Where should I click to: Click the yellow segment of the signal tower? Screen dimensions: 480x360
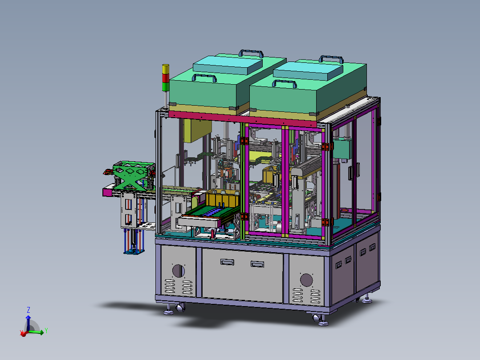165,69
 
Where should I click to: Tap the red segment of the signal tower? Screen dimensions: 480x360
165,78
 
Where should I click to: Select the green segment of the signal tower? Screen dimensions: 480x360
165,87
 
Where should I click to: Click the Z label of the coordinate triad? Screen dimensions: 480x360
28,310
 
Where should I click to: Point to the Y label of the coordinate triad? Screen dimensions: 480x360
46,331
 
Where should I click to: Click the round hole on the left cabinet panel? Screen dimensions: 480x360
178,271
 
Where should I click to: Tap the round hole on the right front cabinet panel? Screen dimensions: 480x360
306,280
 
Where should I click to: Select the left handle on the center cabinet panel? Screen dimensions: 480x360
227,262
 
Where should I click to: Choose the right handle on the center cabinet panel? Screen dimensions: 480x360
257,264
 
